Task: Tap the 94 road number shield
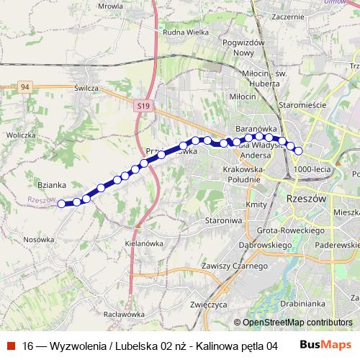[x=25, y=87]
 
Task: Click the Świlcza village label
[x=86, y=87]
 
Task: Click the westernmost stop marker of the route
[x=61, y=204]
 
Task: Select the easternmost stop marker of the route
[x=299, y=150]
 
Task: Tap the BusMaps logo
[x=330, y=344]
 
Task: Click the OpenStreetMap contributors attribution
[x=297, y=323]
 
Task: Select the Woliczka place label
[x=21, y=135]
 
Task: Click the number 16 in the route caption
[x=28, y=345]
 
